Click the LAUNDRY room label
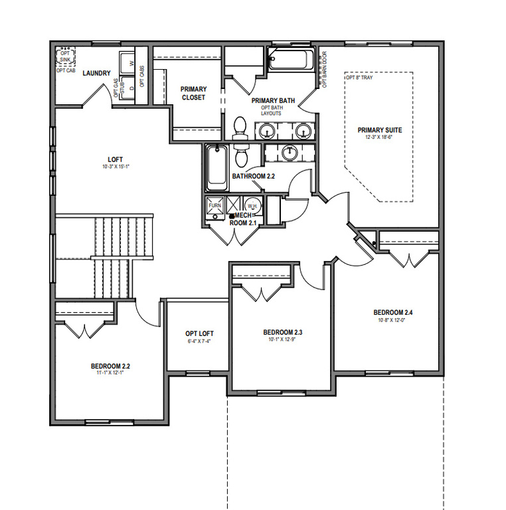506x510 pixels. [x=96, y=73]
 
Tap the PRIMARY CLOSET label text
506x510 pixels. [x=194, y=93]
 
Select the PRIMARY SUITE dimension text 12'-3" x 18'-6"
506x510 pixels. [x=379, y=137]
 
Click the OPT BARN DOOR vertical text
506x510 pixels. [x=325, y=70]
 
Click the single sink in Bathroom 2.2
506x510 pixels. [x=290, y=153]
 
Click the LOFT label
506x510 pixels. [x=116, y=159]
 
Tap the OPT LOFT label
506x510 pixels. [x=199, y=333]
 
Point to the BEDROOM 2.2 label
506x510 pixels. [x=115, y=366]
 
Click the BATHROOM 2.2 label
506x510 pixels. [x=253, y=176]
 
